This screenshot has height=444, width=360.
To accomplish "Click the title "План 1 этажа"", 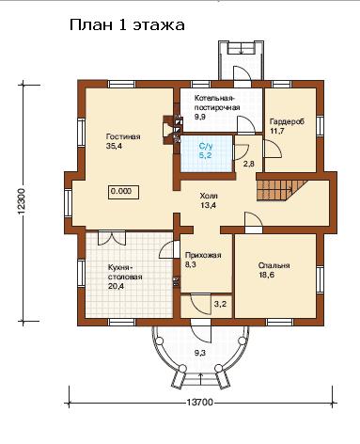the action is (127, 25).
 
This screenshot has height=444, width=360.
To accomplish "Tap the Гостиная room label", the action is (123, 136).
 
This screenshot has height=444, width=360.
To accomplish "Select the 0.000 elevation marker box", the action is (124, 192).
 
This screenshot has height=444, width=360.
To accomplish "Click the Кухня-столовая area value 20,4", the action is (116, 286).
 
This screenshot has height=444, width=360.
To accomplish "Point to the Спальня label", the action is (274, 265).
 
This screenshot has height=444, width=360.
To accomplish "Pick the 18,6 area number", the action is (266, 275).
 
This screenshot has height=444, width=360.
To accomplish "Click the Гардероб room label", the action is (287, 121).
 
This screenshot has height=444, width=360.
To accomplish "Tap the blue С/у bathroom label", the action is (206, 146).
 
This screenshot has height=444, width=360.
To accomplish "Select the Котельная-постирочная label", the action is (217, 103).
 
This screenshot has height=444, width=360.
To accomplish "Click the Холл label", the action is (209, 196).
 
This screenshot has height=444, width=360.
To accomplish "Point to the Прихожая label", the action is (203, 255).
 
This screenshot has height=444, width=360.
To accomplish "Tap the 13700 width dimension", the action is (199, 402).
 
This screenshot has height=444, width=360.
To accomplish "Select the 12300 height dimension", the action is (22, 202).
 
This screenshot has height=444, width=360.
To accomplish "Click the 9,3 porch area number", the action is (200, 353).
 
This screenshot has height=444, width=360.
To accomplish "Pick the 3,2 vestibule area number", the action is (220, 304).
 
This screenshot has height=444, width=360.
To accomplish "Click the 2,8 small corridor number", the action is (249, 164).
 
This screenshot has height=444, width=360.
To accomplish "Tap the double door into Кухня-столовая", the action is (112, 238).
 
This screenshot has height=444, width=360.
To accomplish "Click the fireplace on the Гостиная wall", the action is (172, 130).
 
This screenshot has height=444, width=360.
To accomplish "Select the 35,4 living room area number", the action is (115, 146).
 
